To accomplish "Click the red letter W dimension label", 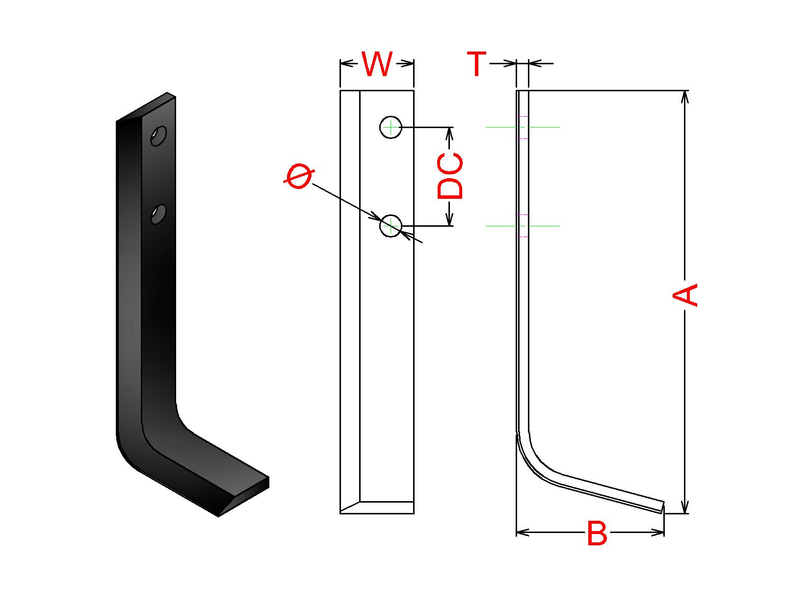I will point(377,64).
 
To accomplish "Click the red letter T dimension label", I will point(476,64).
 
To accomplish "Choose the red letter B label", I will point(597,534).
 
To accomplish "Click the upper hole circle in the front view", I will point(391,127).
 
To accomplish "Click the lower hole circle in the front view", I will point(391,226).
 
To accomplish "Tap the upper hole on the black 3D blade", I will point(158,135).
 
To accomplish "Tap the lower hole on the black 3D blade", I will point(158,214).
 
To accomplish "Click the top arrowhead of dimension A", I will point(685,96).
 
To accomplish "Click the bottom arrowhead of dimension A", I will point(685,508).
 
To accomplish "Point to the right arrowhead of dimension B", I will point(658,532).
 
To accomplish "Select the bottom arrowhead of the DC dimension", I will point(449,220).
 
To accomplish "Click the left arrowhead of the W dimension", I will point(346,63).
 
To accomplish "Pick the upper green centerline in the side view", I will point(545,127).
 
